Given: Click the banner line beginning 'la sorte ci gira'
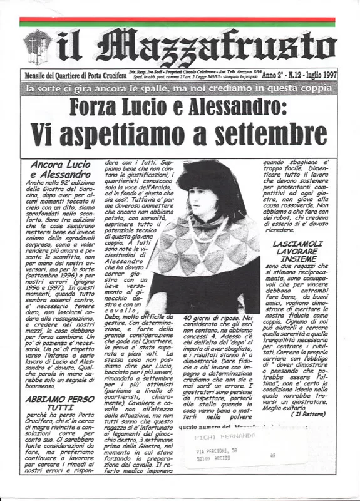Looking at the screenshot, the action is coord(179,88).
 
